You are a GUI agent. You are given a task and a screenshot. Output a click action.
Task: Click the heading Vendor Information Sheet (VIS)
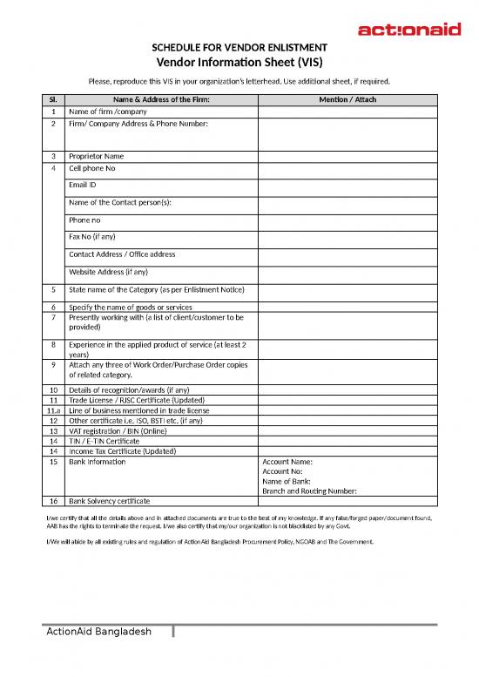point(239,62)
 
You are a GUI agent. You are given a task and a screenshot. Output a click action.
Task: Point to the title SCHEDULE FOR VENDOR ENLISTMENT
point(239,47)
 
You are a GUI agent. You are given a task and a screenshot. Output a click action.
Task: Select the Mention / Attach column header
point(347,100)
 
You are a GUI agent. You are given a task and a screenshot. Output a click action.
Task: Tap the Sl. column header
point(54,100)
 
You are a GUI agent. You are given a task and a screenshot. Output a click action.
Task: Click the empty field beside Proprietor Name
point(347,157)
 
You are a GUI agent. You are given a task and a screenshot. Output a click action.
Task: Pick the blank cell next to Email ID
point(347,185)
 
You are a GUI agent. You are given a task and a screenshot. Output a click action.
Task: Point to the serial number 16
point(54,502)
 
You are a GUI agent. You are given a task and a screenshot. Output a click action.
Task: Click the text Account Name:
point(287,462)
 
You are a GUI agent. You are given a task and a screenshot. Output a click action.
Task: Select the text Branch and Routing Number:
point(309,491)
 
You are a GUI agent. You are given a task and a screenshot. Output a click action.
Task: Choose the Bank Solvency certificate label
point(110,502)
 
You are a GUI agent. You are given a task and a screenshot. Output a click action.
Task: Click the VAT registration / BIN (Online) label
point(118,430)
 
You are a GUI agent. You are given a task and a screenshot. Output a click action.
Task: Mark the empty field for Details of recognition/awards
point(347,389)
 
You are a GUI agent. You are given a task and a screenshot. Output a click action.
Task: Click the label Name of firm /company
point(106,112)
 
